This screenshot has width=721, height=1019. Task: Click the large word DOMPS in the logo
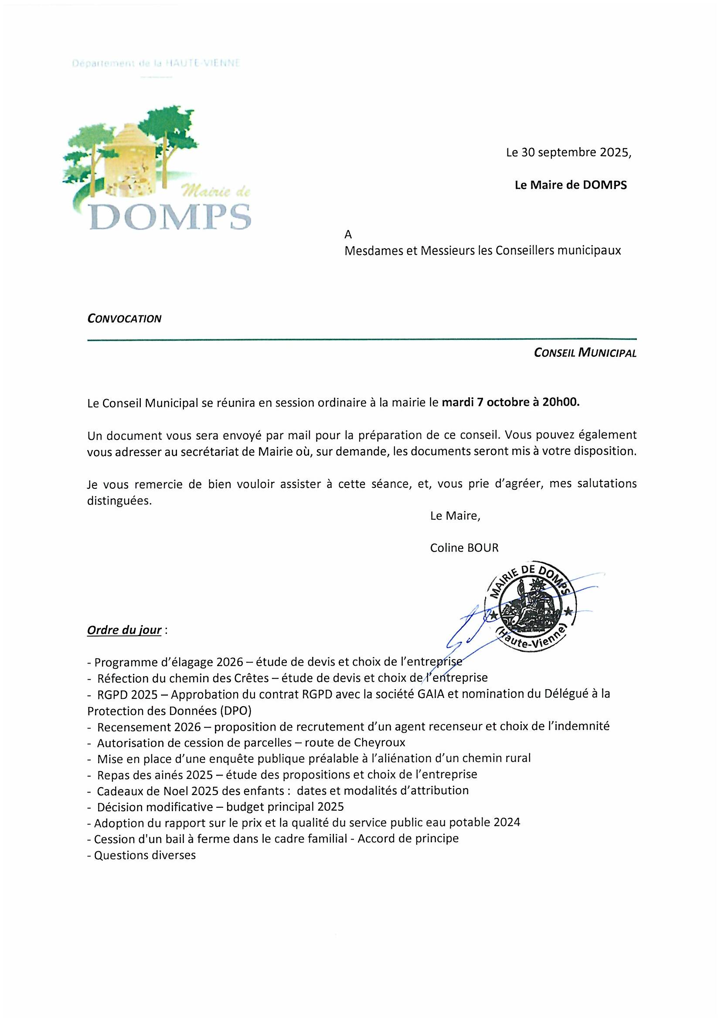click(x=170, y=217)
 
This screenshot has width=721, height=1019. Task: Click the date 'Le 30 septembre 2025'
click(x=568, y=152)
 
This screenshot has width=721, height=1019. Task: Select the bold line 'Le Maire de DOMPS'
click(x=571, y=185)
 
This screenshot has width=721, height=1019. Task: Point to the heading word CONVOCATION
click(x=124, y=318)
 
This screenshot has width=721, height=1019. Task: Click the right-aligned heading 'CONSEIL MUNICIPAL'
click(x=585, y=353)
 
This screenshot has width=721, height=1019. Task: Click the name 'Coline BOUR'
click(x=464, y=548)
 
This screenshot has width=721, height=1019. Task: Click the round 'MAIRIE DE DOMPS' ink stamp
click(x=532, y=607)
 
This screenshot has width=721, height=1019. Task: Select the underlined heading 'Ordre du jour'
click(x=124, y=630)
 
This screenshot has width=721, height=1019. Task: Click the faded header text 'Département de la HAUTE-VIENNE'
click(x=156, y=64)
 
